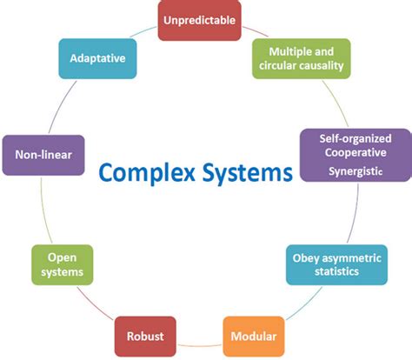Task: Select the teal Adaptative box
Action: tap(96, 58)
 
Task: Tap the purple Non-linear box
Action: tap(43, 156)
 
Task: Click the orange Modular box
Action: tap(254, 337)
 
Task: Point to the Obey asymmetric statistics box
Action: tap(337, 266)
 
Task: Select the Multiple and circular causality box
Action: tap(300, 58)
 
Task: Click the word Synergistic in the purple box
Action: tap(356, 172)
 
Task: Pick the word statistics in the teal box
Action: tap(337, 273)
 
